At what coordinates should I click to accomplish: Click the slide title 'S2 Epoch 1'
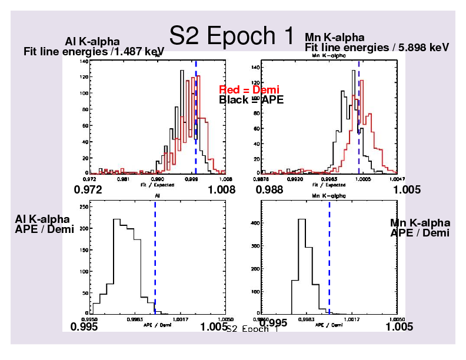click(x=231, y=36)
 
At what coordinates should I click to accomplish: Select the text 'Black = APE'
click(x=251, y=99)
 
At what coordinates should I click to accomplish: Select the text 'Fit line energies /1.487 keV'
click(x=94, y=51)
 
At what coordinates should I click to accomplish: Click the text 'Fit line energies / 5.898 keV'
click(x=377, y=47)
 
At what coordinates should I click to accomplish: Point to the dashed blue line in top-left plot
click(x=196, y=118)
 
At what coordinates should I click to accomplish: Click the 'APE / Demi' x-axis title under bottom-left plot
click(x=158, y=324)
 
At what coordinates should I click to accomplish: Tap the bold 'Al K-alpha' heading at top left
click(x=92, y=42)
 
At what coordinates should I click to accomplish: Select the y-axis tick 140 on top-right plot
click(x=255, y=67)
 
